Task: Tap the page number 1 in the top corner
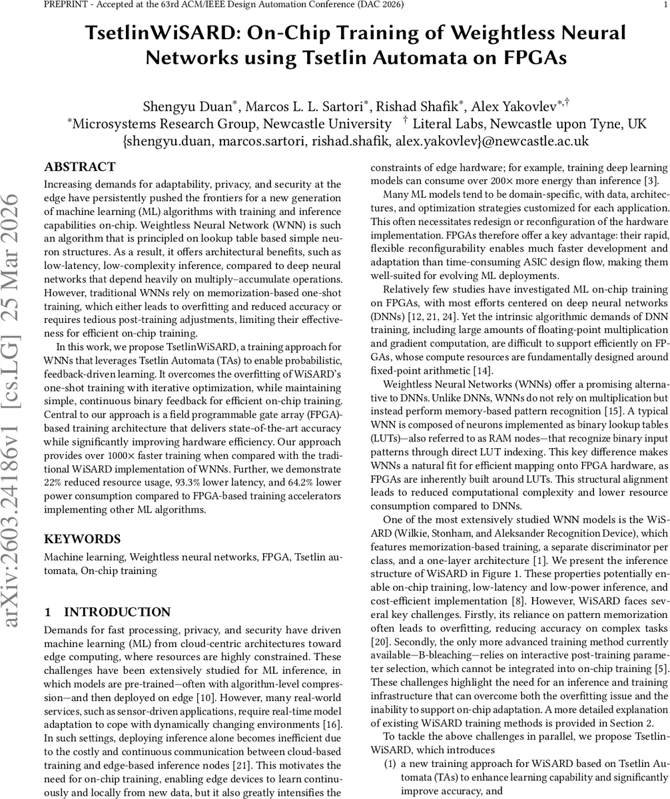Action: click(664, 5)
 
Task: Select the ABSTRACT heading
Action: click(79, 167)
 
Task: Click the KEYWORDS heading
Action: click(82, 539)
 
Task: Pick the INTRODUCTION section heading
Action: click(117, 613)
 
